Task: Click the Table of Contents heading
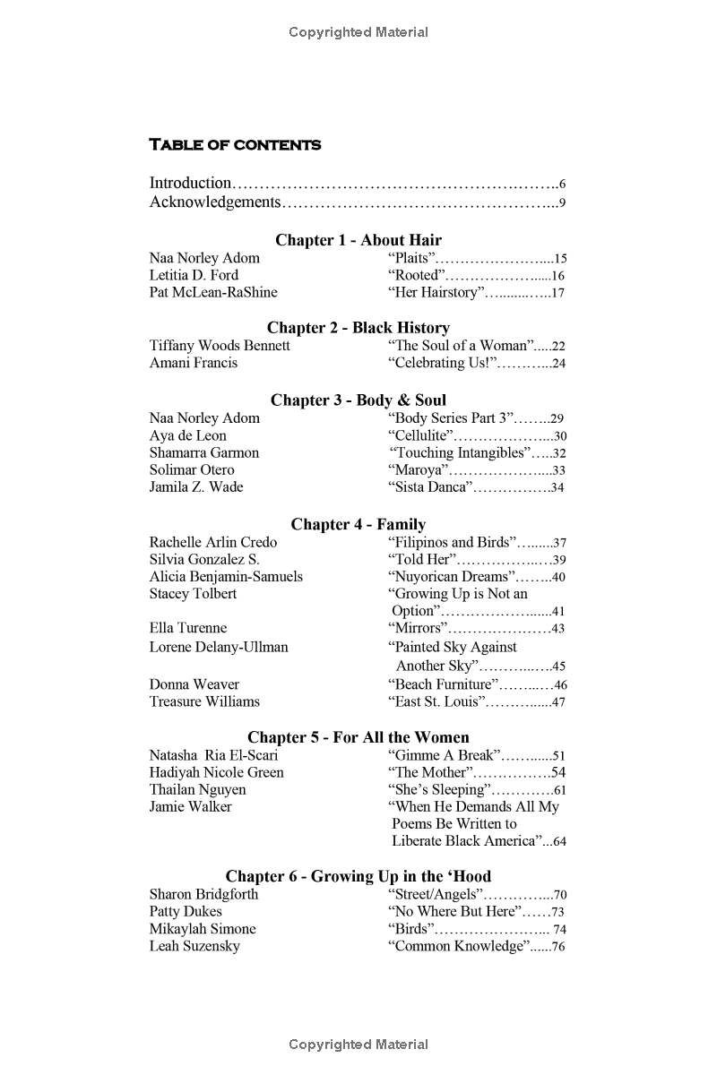coord(235,144)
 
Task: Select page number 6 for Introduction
coord(562,185)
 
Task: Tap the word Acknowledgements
coord(215,202)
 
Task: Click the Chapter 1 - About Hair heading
coord(358,240)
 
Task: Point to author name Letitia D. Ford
coord(194,275)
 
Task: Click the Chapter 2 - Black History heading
coord(358,328)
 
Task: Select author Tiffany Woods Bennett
coord(220,345)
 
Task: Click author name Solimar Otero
coord(192,469)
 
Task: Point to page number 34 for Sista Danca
coord(557,488)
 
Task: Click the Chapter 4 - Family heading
coord(358,524)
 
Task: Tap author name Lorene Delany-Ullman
coord(219,647)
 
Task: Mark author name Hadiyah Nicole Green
coord(216,772)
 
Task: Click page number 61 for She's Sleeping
coord(559,790)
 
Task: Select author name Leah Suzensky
coord(194,946)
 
